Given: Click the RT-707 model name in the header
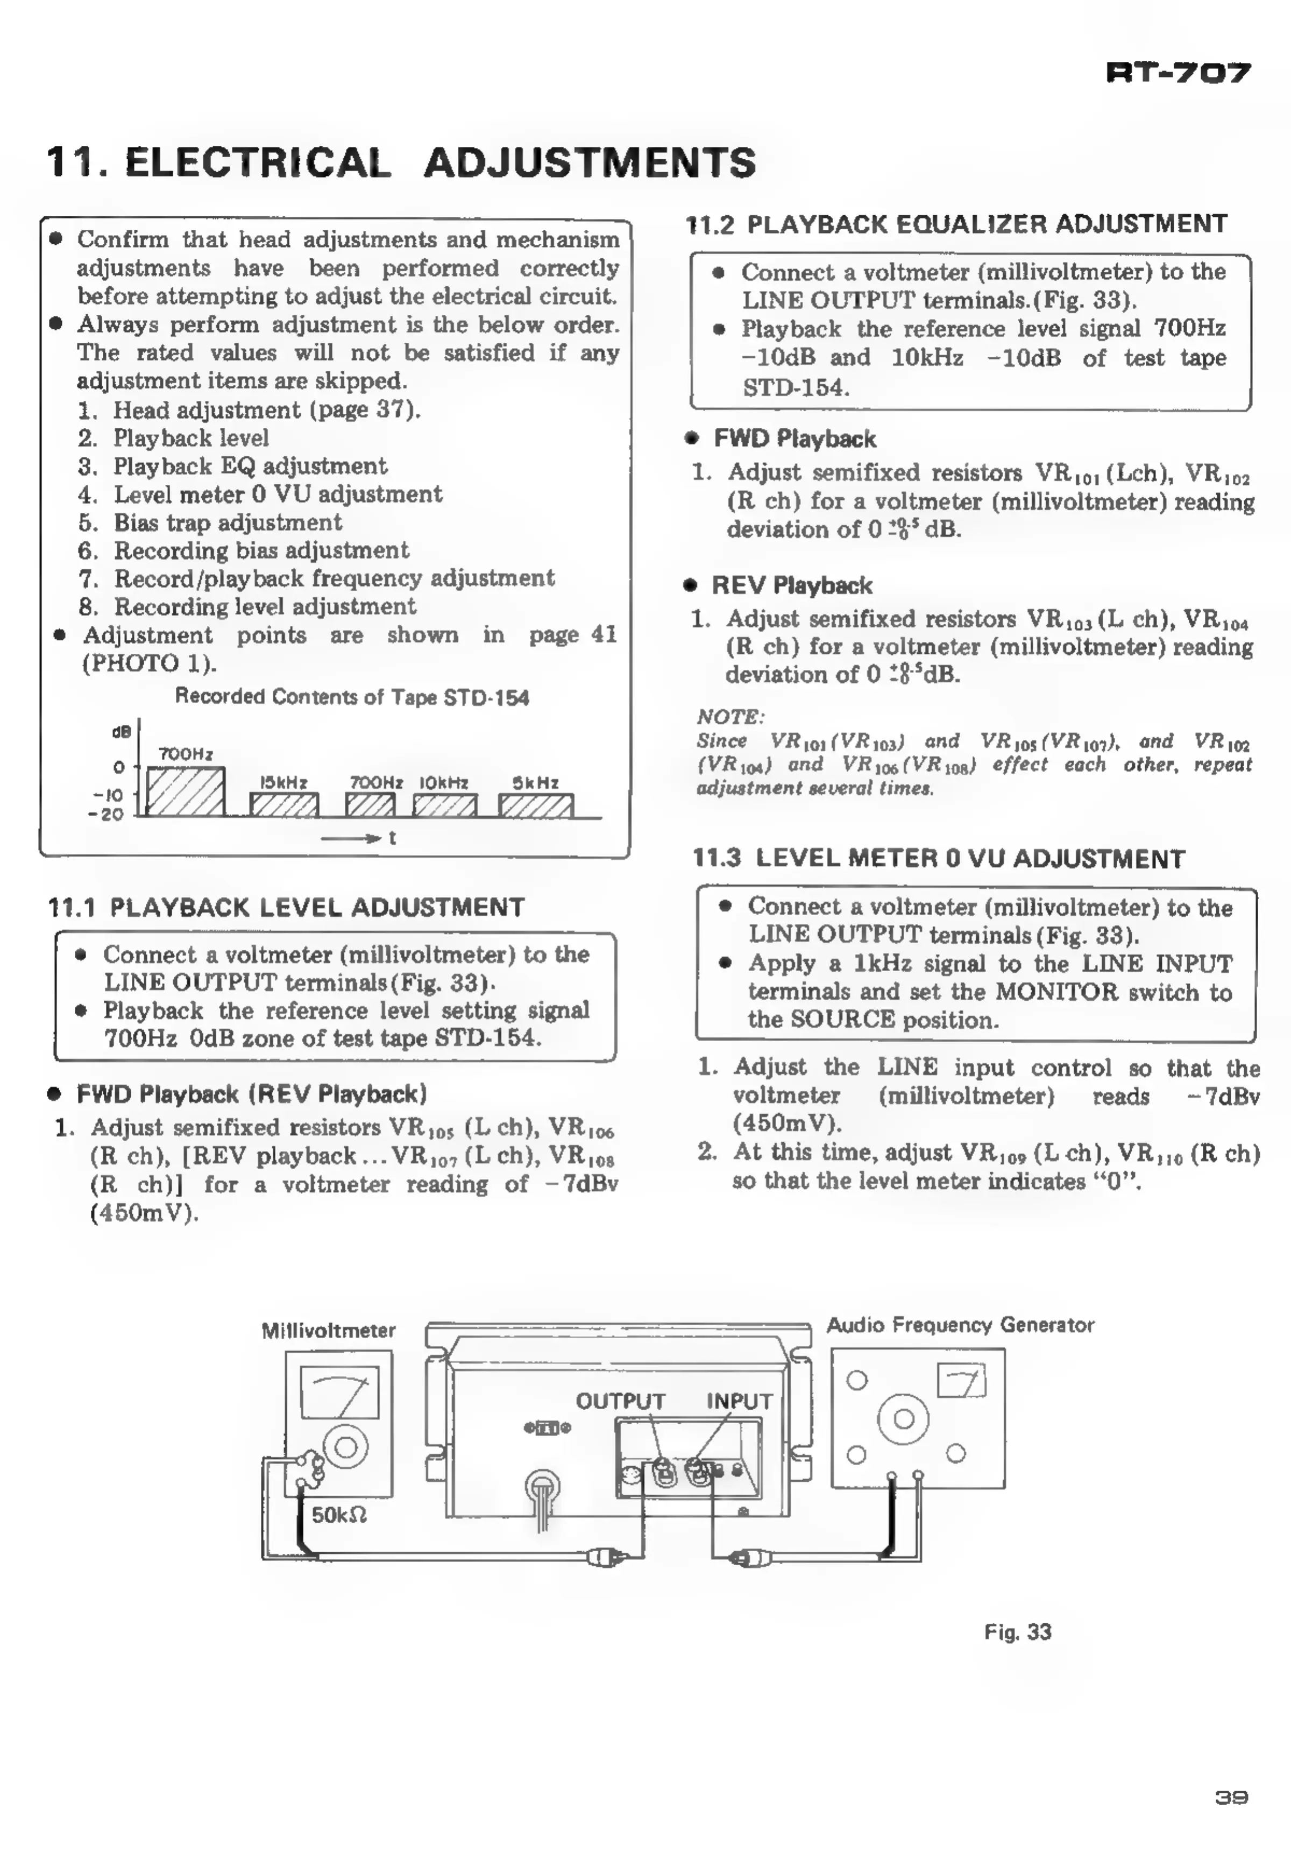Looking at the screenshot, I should click(x=1178, y=73).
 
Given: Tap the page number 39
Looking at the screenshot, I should click(x=1231, y=1797).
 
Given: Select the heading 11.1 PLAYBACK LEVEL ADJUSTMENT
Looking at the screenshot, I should click(x=286, y=908).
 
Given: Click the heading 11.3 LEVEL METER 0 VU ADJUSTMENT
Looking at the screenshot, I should click(x=939, y=858).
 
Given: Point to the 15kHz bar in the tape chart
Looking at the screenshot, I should click(x=284, y=805).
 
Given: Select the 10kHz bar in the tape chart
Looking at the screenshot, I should click(x=444, y=805).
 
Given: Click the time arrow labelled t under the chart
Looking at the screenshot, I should click(x=359, y=838).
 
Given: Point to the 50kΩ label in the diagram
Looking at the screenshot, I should click(x=339, y=1515).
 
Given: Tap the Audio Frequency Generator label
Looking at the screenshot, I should click(x=960, y=1325).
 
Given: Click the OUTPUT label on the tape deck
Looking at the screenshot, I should click(x=620, y=1401).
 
